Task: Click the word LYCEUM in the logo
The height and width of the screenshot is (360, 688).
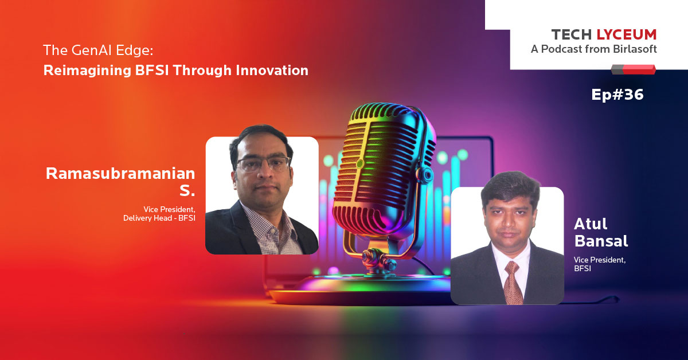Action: point(627,35)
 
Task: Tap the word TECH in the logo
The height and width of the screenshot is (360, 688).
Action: point(572,35)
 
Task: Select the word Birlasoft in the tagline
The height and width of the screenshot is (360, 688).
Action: point(635,49)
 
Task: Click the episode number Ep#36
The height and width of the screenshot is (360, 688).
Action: point(617,95)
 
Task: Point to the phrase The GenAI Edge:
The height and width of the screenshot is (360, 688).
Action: point(98,50)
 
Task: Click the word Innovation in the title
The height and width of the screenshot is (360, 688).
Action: point(272,71)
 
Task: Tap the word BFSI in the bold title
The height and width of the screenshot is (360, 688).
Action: point(152,71)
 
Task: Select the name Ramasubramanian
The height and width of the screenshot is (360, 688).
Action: point(120,174)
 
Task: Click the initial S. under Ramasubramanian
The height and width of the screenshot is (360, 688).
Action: point(187,190)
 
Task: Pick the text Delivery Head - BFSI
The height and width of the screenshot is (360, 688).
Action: point(159,218)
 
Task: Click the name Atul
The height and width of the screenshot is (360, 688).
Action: point(591,224)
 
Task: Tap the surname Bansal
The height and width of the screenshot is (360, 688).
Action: point(601,241)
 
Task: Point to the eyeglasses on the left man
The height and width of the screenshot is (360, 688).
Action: point(263,164)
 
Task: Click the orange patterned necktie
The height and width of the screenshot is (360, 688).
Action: point(513,283)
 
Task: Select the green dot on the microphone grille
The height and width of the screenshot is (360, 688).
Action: point(359,164)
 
